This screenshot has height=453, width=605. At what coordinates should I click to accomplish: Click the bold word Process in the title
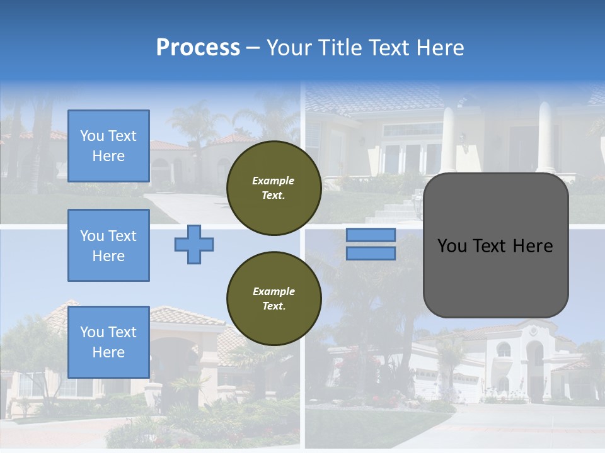point(198,48)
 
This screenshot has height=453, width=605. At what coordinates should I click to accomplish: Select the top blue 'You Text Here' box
point(108,146)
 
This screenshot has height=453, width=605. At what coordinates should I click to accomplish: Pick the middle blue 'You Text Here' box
point(108,245)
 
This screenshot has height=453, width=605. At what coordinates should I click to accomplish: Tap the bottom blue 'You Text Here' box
point(108,342)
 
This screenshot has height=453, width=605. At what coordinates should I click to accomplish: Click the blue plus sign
point(194,244)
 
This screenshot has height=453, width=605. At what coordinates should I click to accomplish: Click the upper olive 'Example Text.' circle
point(274,187)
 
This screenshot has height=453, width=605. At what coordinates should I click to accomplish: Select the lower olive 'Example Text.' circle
point(274,298)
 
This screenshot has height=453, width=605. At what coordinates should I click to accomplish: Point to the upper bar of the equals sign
point(371,235)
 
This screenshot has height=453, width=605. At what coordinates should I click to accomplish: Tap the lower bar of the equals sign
point(371,253)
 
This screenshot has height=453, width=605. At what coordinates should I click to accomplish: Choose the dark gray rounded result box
point(495,277)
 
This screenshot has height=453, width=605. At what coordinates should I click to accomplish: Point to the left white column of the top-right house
point(448,138)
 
